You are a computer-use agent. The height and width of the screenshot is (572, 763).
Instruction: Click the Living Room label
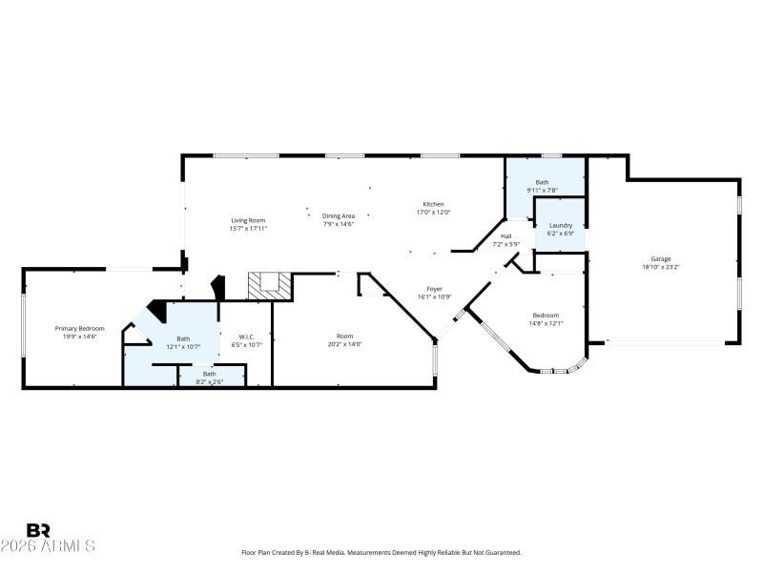click(247, 220)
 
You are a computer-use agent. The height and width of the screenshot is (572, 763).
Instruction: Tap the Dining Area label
click(338, 215)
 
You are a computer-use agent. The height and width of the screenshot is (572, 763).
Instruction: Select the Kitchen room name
click(433, 205)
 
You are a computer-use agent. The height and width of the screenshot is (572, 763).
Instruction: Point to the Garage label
click(660, 259)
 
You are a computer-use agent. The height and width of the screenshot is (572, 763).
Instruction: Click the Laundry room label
click(560, 225)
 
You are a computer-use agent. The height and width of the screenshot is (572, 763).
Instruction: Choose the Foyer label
click(434, 289)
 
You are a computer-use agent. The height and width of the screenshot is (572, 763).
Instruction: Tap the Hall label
click(505, 236)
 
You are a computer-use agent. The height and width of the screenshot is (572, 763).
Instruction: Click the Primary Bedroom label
click(79, 328)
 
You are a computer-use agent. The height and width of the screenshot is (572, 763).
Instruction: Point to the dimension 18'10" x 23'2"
click(660, 267)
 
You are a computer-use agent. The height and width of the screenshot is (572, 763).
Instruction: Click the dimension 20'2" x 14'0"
click(344, 344)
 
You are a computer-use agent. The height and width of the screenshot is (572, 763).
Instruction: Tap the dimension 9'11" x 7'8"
click(542, 190)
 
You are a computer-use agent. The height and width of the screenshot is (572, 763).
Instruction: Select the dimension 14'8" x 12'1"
click(546, 323)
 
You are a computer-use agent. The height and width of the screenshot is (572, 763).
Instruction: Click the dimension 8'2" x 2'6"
click(209, 380)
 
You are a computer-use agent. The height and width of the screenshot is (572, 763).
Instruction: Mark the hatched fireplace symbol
click(268, 285)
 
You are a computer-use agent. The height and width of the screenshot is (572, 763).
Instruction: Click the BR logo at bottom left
click(38, 530)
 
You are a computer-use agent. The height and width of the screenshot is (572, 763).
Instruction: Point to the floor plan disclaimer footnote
click(381, 553)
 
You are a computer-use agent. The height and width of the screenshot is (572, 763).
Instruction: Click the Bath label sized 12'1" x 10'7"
click(182, 337)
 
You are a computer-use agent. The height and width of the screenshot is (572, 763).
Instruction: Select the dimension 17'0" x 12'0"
click(433, 213)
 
